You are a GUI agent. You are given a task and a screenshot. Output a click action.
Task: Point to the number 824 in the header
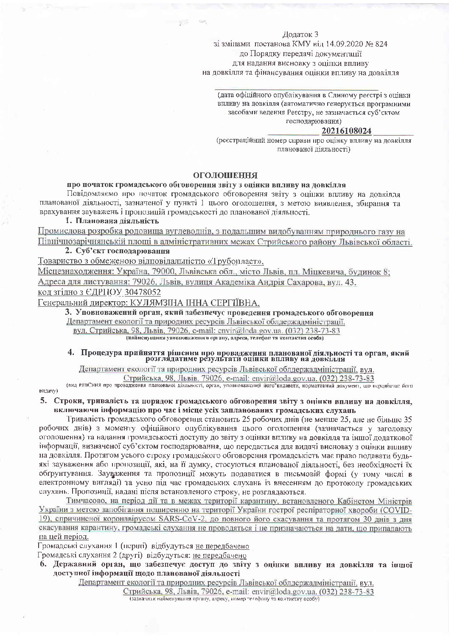point(381,44)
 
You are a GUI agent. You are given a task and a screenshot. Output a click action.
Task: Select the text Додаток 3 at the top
point(300,34)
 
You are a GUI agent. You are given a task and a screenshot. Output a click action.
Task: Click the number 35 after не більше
point(408,419)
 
